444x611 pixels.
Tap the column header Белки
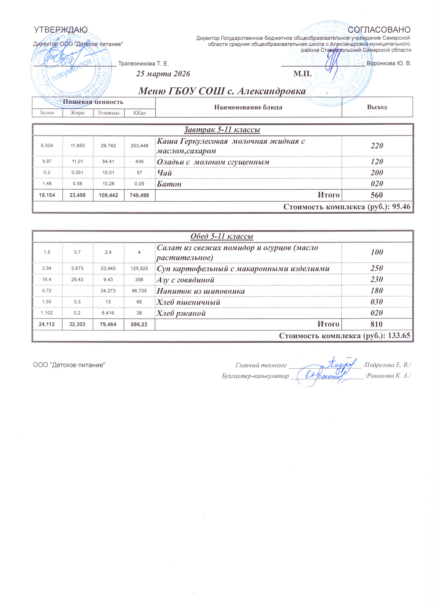point(47,113)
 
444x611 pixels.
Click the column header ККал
point(140,113)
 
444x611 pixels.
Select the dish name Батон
point(169,184)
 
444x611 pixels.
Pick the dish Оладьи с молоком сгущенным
point(213,162)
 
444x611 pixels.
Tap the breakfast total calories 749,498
point(140,195)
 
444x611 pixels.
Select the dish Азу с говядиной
point(185,280)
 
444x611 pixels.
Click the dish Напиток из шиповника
point(201,291)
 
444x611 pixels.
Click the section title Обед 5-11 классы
point(222,236)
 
